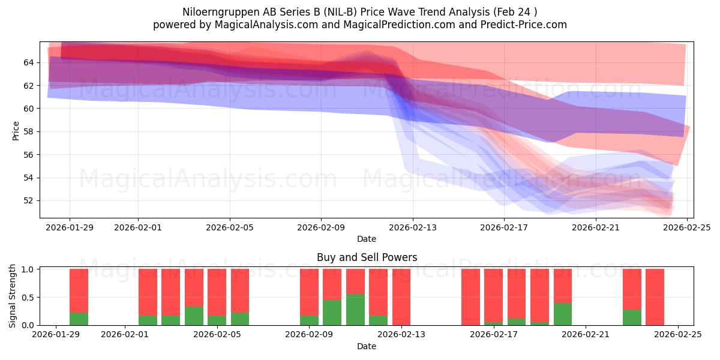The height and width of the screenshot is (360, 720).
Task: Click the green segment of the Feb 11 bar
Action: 355,310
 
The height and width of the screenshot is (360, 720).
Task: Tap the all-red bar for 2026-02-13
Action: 401,297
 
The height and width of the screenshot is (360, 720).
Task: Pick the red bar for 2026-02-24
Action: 655,297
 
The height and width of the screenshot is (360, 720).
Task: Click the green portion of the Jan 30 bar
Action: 79,319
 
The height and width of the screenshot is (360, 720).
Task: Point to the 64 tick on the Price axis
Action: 29,62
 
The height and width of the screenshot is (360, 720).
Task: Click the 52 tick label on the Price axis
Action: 29,200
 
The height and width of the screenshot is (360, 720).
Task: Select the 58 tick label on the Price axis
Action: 29,131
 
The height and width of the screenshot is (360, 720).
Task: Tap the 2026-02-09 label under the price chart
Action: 321,227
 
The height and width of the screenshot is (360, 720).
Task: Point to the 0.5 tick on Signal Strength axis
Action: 27,298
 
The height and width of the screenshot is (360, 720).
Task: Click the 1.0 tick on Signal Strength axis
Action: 27,269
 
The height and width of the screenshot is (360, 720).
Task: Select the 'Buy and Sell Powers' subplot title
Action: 367,257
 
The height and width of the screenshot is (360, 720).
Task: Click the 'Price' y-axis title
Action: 16,130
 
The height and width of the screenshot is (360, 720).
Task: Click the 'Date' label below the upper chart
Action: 367,239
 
